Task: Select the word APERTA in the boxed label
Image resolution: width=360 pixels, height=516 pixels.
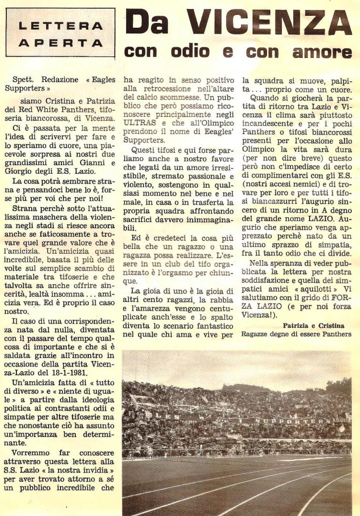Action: (61, 43)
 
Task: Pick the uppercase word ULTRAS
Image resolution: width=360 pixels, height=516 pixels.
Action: (140, 123)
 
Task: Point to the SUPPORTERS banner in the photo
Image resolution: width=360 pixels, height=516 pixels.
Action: (292, 421)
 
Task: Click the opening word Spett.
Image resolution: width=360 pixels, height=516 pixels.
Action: (22, 80)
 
